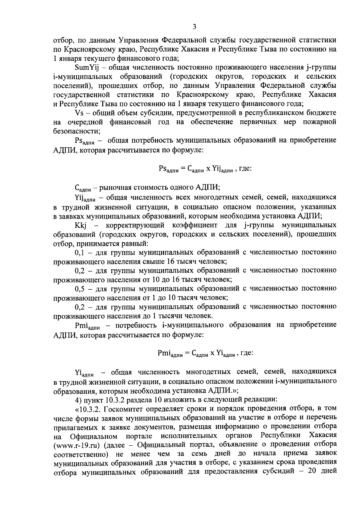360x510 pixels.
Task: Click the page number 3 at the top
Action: pos(194,27)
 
